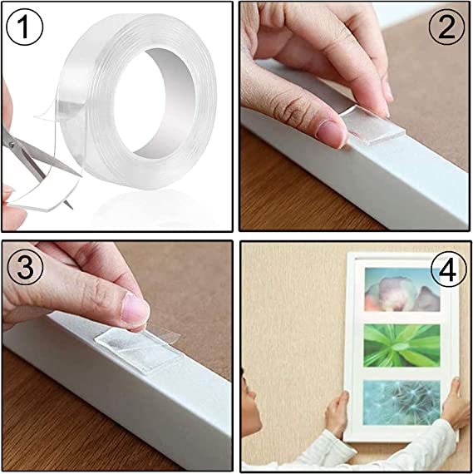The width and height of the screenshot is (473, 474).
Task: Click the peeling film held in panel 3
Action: point(154,329)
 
